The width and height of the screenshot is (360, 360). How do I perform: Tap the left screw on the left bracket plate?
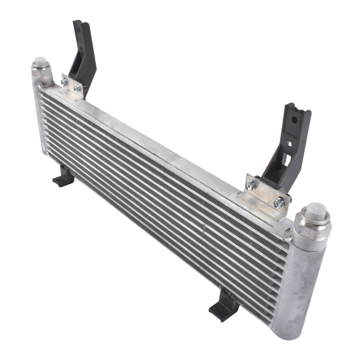click(x=65, y=80)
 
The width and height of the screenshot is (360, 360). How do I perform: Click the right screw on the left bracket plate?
click(x=77, y=89)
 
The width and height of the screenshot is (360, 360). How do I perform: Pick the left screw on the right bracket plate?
click(x=250, y=185)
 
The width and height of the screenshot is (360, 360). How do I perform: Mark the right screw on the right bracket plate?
click(x=278, y=203)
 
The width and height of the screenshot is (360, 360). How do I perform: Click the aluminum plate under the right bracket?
click(x=264, y=195)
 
